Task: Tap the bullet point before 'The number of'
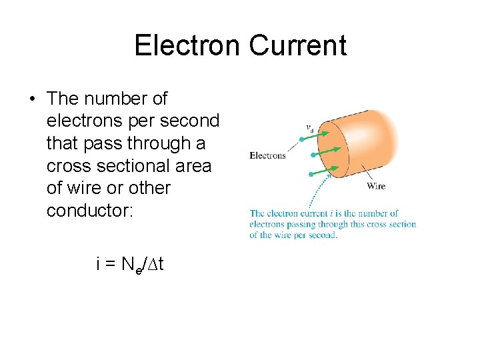(x=32, y=99)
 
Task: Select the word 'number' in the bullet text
(x=113, y=99)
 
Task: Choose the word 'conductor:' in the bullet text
(x=90, y=211)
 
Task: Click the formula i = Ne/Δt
(x=129, y=265)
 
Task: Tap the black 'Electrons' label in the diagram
(x=267, y=155)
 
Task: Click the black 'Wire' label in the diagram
(x=375, y=186)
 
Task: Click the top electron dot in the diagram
(x=302, y=139)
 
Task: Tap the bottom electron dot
(x=311, y=174)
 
